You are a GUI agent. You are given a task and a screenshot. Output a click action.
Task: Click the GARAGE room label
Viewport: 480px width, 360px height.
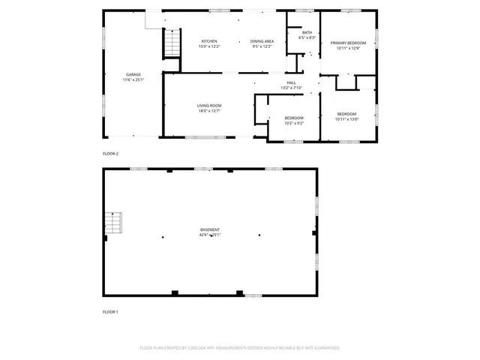(x=133, y=74)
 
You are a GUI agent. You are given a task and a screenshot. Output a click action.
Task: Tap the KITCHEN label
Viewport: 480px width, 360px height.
(x=209, y=41)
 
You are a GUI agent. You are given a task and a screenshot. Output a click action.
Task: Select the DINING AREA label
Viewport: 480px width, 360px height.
(x=261, y=41)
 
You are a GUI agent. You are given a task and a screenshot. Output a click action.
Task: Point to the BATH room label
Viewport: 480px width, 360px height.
(x=307, y=32)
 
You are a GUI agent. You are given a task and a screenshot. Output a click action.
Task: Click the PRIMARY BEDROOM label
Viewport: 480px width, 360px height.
(x=347, y=43)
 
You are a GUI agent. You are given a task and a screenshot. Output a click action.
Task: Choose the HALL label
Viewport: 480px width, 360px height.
(x=291, y=82)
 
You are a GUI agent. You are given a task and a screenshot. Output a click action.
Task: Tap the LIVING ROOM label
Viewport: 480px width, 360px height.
(x=208, y=106)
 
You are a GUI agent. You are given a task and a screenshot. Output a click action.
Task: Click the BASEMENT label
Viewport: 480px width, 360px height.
(x=210, y=229)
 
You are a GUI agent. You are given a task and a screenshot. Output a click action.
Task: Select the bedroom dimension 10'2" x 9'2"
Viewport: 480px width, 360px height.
(x=294, y=123)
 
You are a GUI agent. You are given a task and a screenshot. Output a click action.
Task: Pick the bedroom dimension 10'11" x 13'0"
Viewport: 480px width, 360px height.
(x=347, y=118)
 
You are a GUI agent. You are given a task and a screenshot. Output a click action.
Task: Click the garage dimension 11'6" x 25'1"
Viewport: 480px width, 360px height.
(x=133, y=79)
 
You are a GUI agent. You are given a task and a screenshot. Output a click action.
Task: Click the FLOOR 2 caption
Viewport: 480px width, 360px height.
(x=110, y=153)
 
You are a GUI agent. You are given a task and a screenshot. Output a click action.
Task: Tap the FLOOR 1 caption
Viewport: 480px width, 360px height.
(x=110, y=311)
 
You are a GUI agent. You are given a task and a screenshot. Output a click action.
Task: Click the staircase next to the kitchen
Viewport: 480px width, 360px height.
(x=173, y=41)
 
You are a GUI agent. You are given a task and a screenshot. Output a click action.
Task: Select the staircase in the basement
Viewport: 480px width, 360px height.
(x=112, y=223)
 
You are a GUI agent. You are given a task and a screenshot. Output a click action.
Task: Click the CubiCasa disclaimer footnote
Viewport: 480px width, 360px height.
(x=240, y=348)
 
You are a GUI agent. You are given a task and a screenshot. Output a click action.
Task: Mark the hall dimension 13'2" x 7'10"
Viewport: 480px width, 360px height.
(x=291, y=87)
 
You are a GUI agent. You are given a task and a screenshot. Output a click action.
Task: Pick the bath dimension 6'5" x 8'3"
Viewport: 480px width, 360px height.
(x=307, y=37)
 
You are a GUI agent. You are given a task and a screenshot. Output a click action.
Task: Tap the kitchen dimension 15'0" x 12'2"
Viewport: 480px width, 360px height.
(x=209, y=46)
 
